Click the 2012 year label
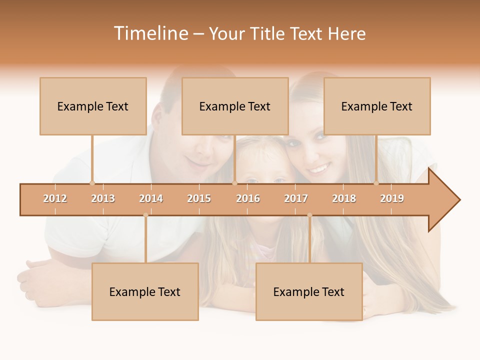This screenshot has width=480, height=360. (55, 198)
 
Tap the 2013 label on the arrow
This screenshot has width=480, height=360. (103, 198)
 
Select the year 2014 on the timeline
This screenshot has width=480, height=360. (151, 198)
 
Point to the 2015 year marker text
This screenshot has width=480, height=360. (199, 198)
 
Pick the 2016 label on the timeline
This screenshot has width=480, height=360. (248, 198)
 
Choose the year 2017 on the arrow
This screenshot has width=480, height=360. (296, 198)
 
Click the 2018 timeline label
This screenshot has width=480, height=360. (344, 198)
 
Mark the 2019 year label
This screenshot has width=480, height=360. (392, 198)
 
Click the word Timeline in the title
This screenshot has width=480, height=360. (150, 33)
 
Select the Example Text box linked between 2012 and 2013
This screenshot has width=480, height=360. (93, 106)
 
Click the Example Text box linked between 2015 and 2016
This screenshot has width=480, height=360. (235, 106)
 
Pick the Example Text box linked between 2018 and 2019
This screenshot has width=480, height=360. (377, 106)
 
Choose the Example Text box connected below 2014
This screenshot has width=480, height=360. (145, 291)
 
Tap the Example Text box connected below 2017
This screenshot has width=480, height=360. (309, 291)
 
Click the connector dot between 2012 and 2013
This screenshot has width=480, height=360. (92, 183)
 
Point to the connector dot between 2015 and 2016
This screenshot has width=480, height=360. (234, 183)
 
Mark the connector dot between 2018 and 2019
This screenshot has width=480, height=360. (376, 183)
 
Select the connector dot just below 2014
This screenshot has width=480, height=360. (145, 215)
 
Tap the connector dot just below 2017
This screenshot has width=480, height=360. (309, 215)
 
